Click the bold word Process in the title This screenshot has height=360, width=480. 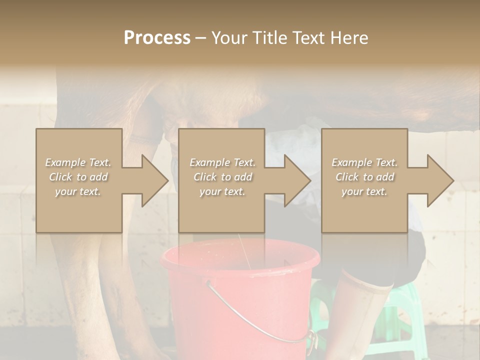tap(157, 38)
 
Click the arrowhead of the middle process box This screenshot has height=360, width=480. tap(297, 180)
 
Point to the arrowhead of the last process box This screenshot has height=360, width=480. tap(439, 180)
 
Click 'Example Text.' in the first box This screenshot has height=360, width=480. tap(78, 162)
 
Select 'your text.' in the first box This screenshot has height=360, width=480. tap(78, 191)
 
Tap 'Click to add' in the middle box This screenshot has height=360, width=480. tap(222, 177)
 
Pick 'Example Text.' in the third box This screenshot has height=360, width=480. tap(364, 162)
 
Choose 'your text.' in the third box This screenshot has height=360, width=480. tap(364, 191)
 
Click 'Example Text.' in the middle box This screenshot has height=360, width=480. tap(222, 162)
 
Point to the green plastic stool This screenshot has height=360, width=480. tap(400, 320)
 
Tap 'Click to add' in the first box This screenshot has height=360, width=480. tap(78, 177)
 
